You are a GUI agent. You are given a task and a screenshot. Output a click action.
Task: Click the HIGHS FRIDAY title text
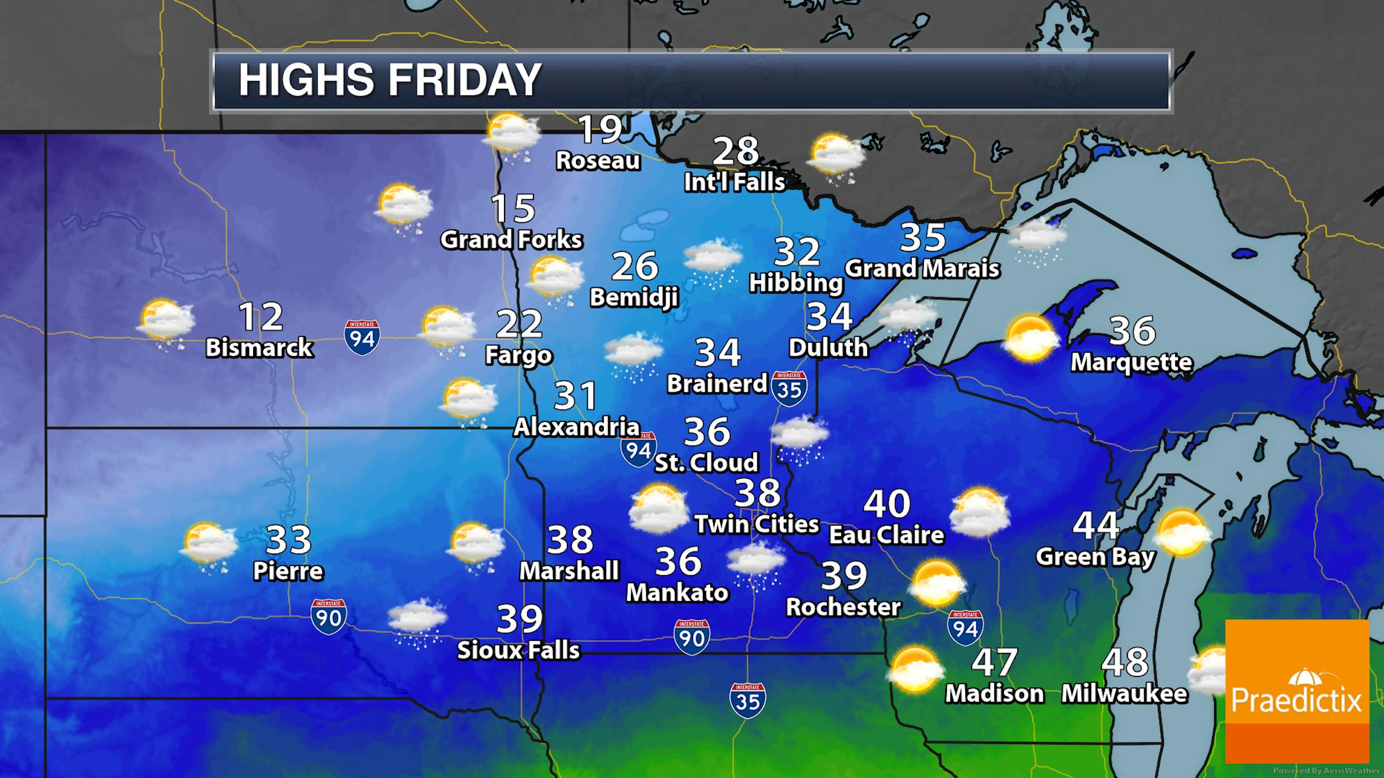390,80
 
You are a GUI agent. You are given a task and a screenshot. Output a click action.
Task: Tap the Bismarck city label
259,348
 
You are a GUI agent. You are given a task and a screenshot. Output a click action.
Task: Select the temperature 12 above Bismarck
261,316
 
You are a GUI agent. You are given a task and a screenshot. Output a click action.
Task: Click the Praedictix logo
1296,691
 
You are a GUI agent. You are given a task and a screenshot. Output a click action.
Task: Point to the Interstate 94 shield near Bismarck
362,337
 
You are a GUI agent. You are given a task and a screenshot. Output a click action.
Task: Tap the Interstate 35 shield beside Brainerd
789,388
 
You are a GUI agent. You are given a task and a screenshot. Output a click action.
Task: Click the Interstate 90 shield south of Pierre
328,617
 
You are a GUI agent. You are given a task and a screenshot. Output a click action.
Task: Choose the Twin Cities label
757,524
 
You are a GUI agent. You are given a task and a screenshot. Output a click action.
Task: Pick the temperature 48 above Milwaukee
1124,662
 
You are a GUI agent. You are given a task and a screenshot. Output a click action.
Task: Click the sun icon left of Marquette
1031,338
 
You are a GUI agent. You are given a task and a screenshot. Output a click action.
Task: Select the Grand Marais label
922,269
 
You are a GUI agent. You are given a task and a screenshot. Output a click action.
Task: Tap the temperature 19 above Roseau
600,129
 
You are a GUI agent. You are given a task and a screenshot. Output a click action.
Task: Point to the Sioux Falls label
518,650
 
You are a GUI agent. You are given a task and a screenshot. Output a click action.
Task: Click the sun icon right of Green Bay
1182,532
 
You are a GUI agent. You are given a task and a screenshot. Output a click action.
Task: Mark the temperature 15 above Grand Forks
513,208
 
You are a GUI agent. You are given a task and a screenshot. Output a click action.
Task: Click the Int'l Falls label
734,182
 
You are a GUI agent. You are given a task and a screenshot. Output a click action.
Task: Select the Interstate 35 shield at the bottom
747,700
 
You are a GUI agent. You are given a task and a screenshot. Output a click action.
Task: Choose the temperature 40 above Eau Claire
886,503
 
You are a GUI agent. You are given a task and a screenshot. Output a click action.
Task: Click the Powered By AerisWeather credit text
1326,771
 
